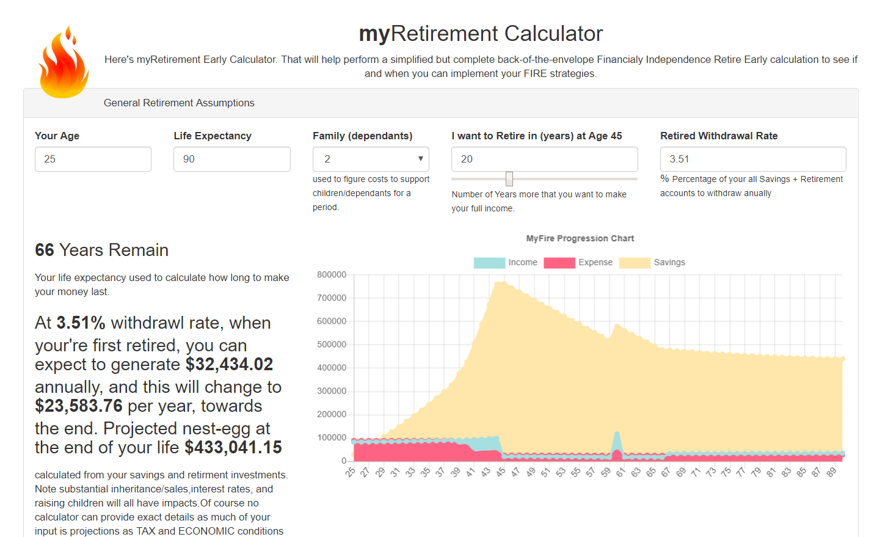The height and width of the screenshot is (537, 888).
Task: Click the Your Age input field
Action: [93, 159]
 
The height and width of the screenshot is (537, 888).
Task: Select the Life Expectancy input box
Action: [231, 159]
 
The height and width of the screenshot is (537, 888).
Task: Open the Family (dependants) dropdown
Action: [371, 159]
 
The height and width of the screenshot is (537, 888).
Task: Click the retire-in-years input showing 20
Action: [544, 159]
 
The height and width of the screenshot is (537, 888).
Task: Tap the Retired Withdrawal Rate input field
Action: [752, 159]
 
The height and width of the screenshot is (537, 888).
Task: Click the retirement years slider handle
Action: [509, 178]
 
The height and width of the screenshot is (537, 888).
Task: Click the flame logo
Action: [64, 64]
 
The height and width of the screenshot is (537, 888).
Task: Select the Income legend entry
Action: [506, 263]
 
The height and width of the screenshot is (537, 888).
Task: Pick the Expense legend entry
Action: [578, 263]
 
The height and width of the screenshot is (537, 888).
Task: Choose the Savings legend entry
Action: [652, 263]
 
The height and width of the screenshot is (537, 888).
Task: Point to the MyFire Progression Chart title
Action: [580, 239]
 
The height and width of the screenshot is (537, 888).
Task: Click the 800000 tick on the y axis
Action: [332, 275]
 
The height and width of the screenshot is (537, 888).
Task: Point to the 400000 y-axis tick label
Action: [332, 368]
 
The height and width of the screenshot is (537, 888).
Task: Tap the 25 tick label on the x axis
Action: [350, 472]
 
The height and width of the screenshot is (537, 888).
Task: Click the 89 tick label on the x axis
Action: [831, 472]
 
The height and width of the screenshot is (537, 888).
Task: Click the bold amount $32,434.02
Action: [229, 365]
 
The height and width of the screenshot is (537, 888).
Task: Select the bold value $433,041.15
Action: [233, 448]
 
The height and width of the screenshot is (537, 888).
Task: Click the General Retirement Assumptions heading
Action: [179, 103]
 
